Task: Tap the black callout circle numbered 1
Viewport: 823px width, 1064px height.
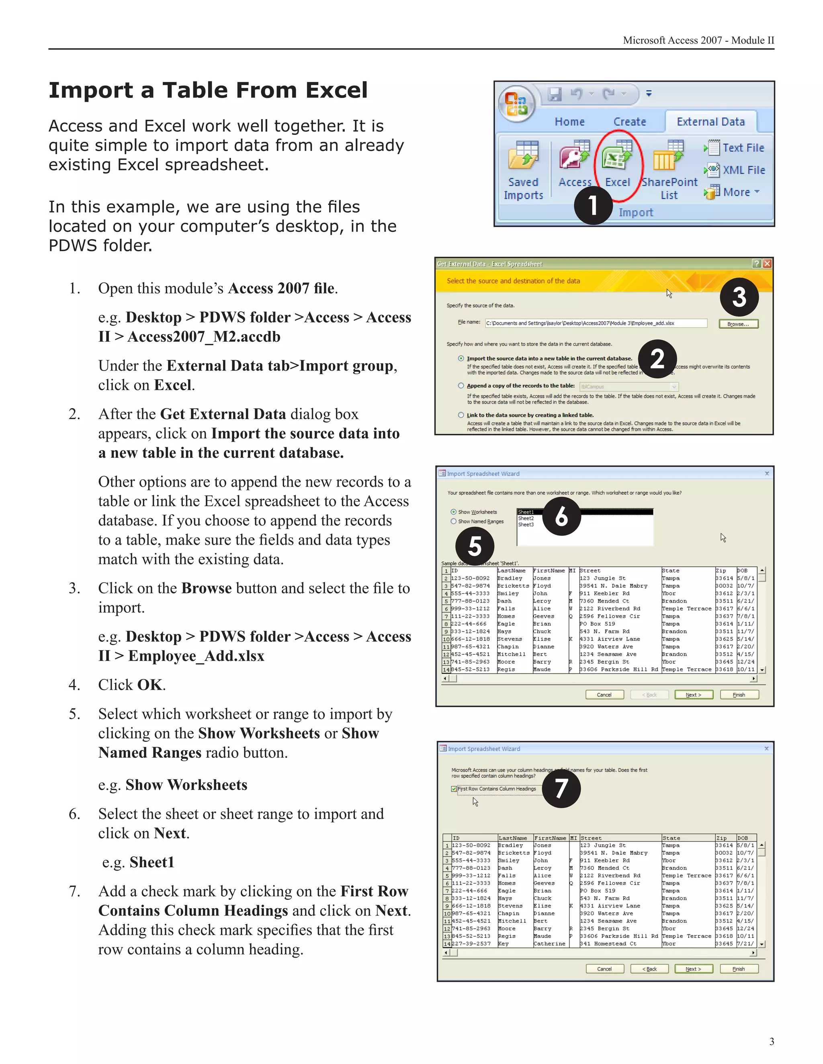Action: click(x=593, y=205)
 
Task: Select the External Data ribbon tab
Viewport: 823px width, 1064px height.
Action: click(x=710, y=122)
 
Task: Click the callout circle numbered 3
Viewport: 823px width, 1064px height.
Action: click(x=739, y=297)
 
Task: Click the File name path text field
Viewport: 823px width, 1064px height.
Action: click(x=596, y=323)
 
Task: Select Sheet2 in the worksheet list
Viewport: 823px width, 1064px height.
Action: click(x=526, y=518)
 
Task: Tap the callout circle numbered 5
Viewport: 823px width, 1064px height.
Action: click(x=475, y=546)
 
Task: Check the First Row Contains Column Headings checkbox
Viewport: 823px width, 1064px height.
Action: click(x=454, y=789)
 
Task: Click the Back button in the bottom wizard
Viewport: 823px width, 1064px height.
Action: click(x=649, y=969)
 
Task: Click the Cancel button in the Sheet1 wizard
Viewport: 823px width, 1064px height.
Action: click(x=604, y=695)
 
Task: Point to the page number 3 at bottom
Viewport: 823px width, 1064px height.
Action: click(x=771, y=1041)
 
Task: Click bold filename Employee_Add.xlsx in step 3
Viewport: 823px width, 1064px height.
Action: click(x=196, y=656)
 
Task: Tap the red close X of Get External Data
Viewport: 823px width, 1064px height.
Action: click(x=767, y=263)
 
